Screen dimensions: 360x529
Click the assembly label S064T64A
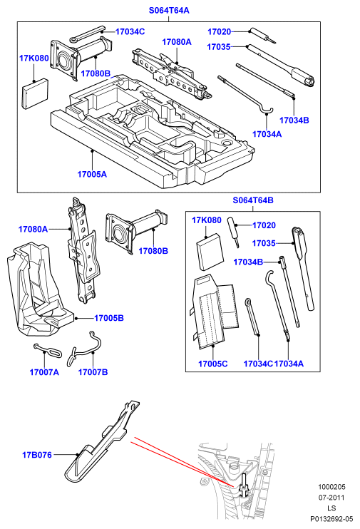[x=169, y=11]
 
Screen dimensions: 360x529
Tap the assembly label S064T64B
[x=253, y=200]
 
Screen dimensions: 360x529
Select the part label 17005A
[x=92, y=174]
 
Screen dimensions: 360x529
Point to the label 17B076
[x=37, y=455]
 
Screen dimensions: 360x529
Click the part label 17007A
[x=44, y=372]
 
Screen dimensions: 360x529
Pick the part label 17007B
[x=93, y=372]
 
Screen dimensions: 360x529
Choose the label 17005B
[x=109, y=318]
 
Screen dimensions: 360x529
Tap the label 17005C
[x=213, y=364]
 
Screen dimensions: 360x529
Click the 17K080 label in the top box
[x=34, y=58]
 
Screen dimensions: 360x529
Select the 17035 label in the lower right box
[x=264, y=243]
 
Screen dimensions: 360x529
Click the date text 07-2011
[x=331, y=498]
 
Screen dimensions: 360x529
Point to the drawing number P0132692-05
[x=331, y=519]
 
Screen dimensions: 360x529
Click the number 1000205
[x=331, y=487]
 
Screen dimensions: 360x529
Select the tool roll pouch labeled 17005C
[x=215, y=312]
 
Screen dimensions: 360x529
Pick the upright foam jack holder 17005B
[x=38, y=290]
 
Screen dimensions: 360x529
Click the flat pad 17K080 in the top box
[x=35, y=94]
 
